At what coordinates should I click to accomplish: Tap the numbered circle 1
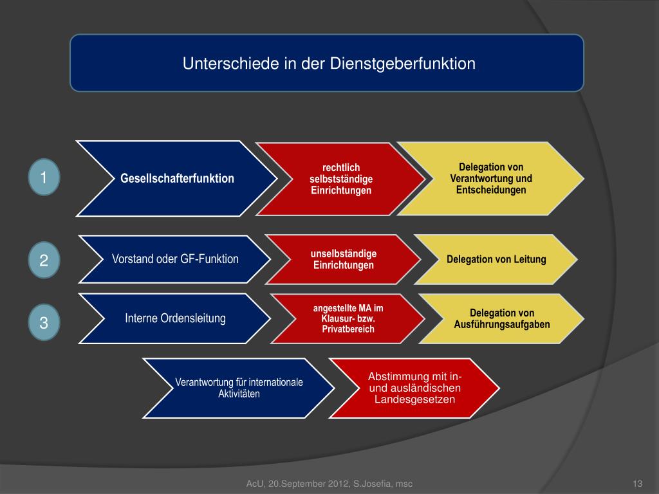point(44,177)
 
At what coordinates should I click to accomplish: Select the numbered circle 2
point(44,261)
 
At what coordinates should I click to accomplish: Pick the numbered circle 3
point(44,322)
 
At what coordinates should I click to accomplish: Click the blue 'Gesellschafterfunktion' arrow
point(177,178)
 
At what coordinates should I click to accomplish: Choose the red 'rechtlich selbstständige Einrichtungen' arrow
point(340,179)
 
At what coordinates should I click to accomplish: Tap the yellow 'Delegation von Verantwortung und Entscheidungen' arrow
point(491,179)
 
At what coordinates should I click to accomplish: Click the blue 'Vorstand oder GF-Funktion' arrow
point(175,259)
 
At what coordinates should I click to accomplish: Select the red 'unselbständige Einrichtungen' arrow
point(343,260)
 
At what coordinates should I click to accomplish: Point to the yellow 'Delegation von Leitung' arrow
point(496,259)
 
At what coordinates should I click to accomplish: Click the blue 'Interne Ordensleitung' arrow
point(175,318)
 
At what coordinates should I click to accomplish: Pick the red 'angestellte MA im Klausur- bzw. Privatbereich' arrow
point(348,318)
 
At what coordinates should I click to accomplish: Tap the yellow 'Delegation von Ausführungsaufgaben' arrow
point(502,318)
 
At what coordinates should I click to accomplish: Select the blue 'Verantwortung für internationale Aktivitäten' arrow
point(239,388)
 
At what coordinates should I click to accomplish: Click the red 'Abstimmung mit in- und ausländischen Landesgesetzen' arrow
point(414,388)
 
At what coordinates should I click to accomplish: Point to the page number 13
point(638,484)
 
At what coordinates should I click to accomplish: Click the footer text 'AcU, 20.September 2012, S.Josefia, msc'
point(329,484)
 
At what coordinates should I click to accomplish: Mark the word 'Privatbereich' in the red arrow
point(348,329)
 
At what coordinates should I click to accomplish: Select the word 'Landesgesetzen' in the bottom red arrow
point(414,399)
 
